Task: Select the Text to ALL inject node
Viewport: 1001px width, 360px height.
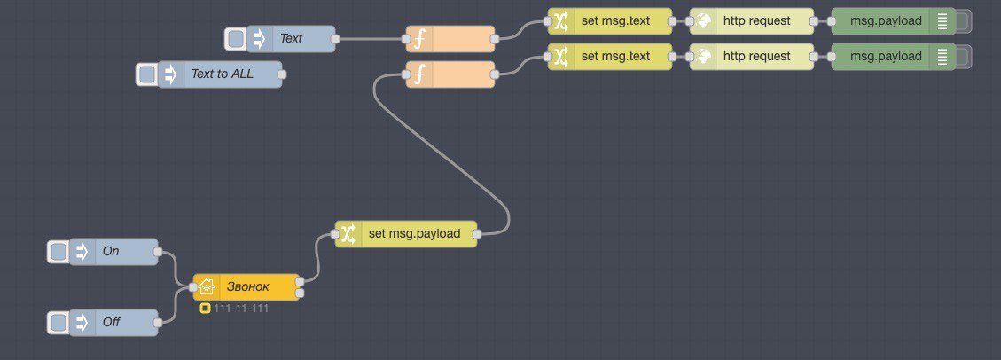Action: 223,74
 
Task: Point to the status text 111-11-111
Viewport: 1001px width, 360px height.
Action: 240,309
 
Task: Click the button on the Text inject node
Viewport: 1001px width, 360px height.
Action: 236,39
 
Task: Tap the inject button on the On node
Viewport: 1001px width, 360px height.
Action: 59,252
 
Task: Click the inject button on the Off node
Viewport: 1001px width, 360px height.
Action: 59,323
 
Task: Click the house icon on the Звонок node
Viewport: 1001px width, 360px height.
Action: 207,287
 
